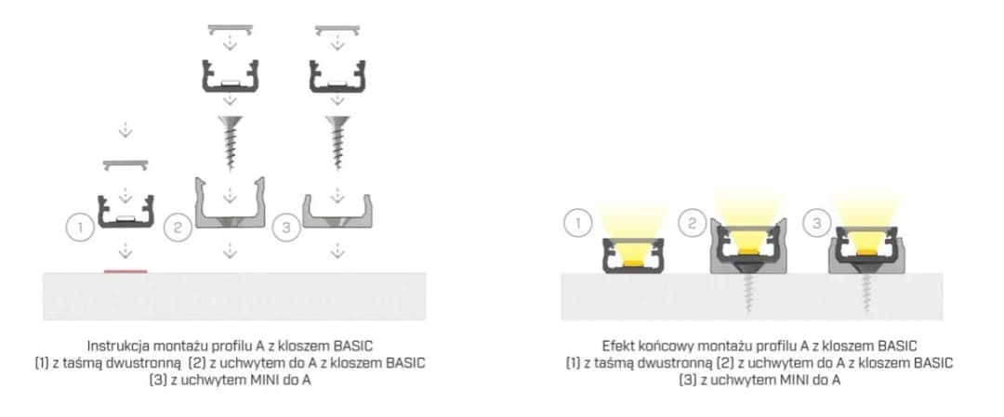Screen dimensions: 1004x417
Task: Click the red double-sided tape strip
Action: [x=125, y=271]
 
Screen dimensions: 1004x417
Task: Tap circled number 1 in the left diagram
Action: [x=79, y=227]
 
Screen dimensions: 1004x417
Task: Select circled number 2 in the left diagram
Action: [x=178, y=227]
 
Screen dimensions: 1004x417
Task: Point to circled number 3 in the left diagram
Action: [x=286, y=228]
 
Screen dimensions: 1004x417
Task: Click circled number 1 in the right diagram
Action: [x=577, y=224]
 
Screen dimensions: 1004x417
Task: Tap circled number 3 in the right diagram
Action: [x=816, y=224]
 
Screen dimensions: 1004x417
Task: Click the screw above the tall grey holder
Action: [x=230, y=143]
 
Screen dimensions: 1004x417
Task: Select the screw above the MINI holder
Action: [x=337, y=143]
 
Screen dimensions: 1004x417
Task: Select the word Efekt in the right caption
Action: [x=618, y=346]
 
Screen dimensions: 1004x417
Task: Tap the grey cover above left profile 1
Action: [x=125, y=165]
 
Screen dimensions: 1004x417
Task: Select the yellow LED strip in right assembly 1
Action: [x=632, y=263]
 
